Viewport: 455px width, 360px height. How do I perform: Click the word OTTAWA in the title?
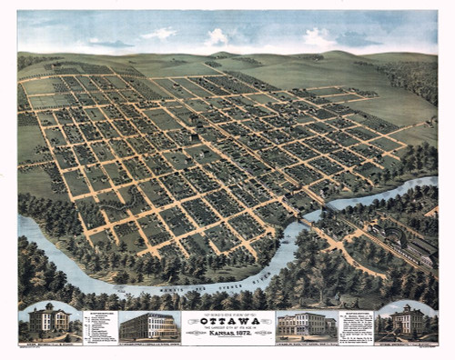227,320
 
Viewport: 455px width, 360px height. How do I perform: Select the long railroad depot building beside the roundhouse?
420,247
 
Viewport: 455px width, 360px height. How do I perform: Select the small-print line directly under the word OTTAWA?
227,328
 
